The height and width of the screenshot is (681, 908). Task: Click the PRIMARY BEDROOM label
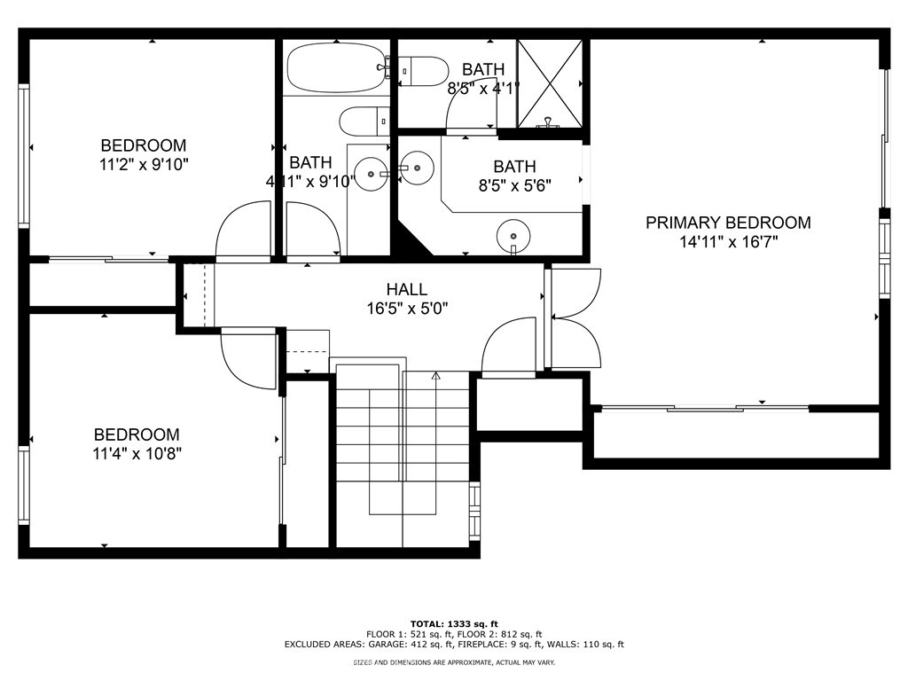(728, 223)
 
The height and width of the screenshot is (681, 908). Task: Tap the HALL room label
(407, 289)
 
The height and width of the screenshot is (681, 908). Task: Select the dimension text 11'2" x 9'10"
(145, 165)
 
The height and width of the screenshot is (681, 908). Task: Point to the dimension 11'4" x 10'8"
(137, 453)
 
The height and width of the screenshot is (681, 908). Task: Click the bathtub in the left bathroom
(336, 69)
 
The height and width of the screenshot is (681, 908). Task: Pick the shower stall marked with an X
(549, 83)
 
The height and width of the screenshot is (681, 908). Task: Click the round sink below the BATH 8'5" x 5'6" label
(513, 234)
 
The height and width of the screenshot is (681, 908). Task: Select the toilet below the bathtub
(363, 121)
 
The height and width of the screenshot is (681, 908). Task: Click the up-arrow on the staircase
(436, 376)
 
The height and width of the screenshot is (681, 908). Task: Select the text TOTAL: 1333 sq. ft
(454, 623)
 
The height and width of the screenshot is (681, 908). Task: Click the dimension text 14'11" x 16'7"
(729, 241)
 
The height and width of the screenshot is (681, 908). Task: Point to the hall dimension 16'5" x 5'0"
(408, 308)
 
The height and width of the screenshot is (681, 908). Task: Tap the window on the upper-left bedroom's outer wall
(24, 155)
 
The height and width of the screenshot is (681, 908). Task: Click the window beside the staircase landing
(475, 511)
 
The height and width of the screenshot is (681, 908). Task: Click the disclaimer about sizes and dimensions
(454, 661)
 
